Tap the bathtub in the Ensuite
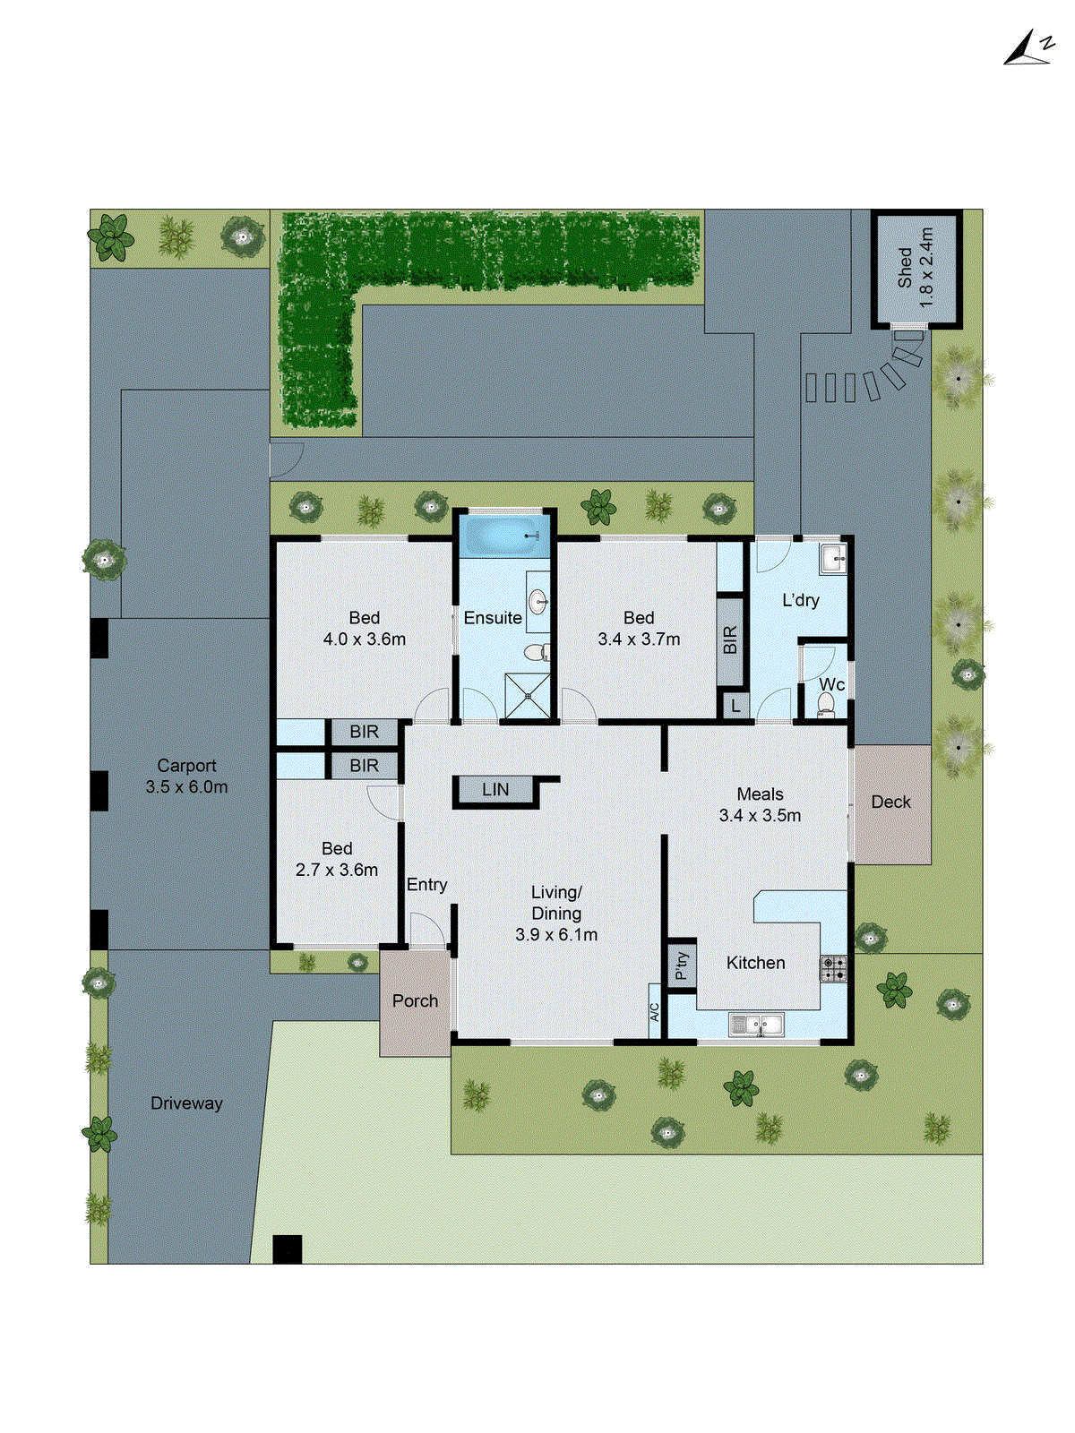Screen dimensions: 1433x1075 pos(503,536)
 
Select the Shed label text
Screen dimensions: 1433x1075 pos(916,269)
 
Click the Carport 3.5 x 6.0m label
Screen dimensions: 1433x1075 pos(186,777)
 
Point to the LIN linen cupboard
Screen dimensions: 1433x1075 pos(495,790)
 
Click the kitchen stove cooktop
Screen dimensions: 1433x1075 pos(833,968)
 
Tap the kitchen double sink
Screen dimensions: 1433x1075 pos(757,1024)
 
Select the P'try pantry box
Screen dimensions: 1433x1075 pos(681,965)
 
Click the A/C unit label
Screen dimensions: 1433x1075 pos(654,1012)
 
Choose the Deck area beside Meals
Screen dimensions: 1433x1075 pos(891,802)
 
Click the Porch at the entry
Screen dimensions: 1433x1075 pos(415,1001)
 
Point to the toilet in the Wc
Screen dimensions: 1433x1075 pos(825,707)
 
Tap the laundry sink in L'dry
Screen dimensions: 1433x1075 pos(833,559)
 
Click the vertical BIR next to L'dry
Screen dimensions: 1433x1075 pos(730,639)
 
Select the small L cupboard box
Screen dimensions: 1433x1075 pos(735,706)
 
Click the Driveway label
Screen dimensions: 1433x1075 pos(186,1103)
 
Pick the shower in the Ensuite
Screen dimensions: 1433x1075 pos(528,695)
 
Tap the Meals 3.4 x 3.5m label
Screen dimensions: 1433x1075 pos(760,805)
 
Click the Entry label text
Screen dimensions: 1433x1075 pos(426,885)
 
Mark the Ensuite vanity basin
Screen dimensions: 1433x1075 pos(539,600)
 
